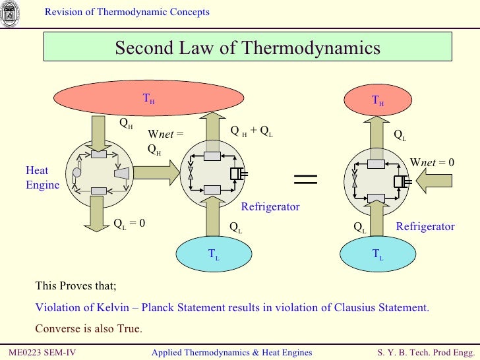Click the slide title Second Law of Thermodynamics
(248, 48)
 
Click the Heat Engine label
(42, 178)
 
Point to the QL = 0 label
(129, 223)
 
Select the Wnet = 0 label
(433, 162)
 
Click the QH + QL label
(251, 131)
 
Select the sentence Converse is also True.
(88, 329)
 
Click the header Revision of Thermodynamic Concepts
(127, 12)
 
